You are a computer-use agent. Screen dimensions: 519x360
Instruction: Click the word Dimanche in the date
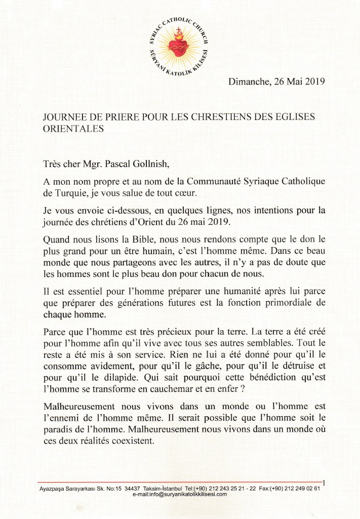click(248, 82)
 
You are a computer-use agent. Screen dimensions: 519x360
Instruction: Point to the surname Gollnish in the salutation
click(151, 164)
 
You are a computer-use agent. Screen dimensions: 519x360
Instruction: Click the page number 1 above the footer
click(324, 483)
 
